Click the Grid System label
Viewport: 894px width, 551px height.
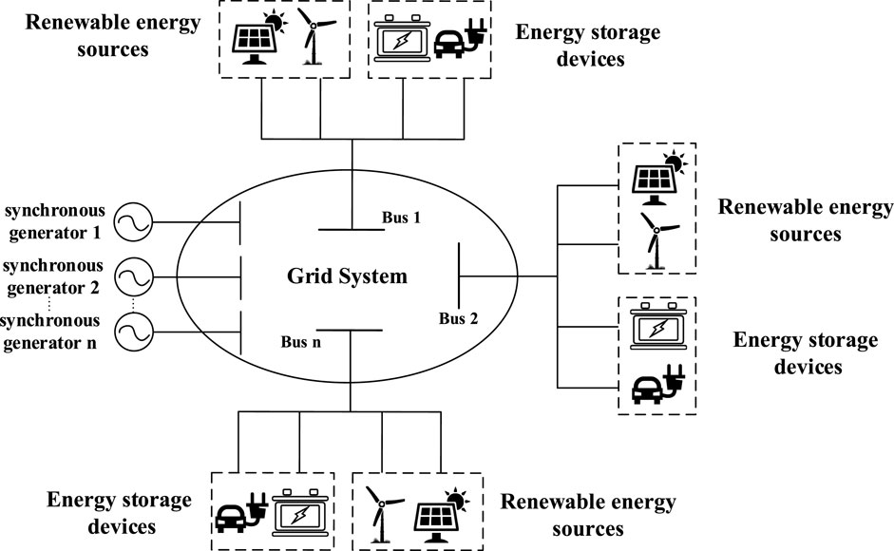coord(348,277)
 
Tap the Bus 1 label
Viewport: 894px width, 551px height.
coord(401,218)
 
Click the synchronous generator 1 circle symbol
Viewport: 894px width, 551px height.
coord(131,224)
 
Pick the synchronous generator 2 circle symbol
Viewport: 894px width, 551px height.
coord(131,277)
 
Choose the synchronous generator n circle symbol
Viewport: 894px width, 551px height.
coord(131,332)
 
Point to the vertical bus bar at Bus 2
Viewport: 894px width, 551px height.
coord(460,275)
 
